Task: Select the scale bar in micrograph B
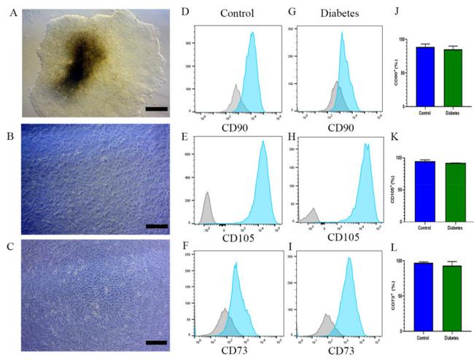(x=157, y=227)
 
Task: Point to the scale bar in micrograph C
(x=157, y=341)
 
